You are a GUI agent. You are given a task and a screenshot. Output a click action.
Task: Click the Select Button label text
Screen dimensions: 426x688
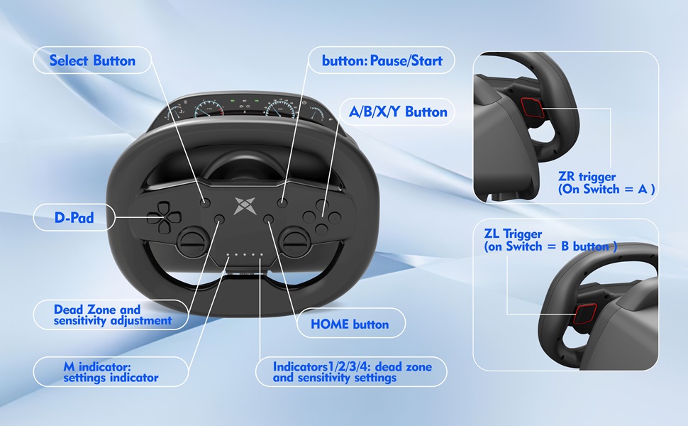click(92, 60)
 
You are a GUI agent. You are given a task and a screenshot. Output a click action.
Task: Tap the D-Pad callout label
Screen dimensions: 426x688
click(74, 218)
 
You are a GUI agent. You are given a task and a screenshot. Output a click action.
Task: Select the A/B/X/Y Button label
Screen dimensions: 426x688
click(398, 111)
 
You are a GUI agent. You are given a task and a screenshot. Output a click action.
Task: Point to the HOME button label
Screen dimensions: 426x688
click(350, 324)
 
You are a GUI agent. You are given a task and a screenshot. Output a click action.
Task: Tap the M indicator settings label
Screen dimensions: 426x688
click(110, 372)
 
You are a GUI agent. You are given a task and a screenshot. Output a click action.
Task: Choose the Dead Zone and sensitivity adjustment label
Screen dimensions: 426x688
click(113, 315)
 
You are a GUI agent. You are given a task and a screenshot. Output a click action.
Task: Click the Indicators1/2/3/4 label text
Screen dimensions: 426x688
click(351, 372)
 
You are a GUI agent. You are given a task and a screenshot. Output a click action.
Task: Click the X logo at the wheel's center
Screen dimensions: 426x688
click(243, 204)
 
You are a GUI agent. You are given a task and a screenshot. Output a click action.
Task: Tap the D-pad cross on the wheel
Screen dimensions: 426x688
click(162, 217)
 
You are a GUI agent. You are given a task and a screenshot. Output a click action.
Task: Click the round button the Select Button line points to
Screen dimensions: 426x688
click(205, 203)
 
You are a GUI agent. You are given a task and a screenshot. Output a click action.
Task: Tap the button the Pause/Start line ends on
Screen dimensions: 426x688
click(282, 203)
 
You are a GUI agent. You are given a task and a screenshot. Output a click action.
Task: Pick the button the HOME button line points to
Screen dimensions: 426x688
click(268, 219)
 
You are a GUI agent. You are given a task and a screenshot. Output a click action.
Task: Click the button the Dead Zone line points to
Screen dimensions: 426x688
click(219, 219)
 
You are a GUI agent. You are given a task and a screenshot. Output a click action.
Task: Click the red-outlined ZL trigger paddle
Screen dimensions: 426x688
click(585, 312)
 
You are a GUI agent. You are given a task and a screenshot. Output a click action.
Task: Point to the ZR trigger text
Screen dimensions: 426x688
click(606, 182)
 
